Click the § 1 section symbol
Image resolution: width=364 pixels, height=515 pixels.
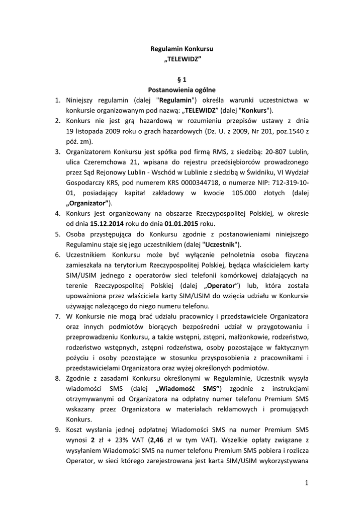182,79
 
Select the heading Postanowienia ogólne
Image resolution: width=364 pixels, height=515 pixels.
182,90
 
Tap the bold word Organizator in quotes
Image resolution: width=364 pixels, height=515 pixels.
88,203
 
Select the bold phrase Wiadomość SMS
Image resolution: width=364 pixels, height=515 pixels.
190,388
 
